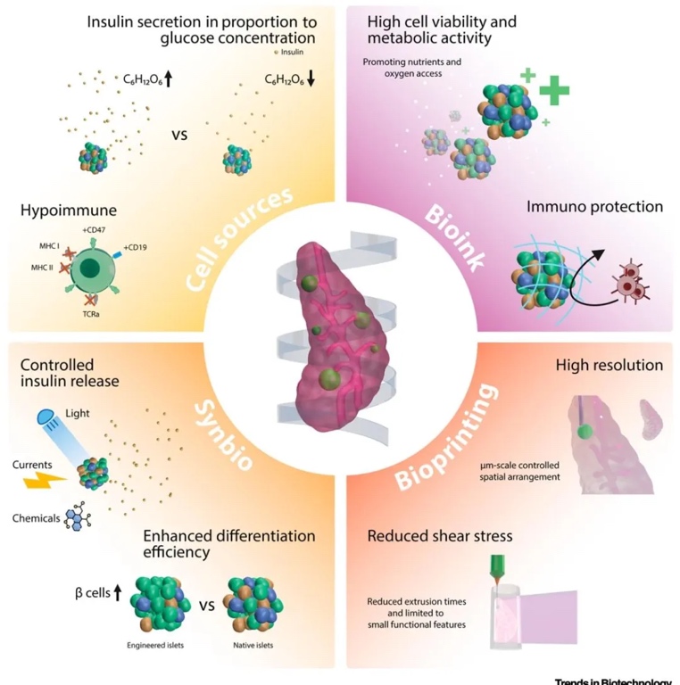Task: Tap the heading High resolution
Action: tap(610, 365)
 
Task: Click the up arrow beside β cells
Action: tap(116, 591)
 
